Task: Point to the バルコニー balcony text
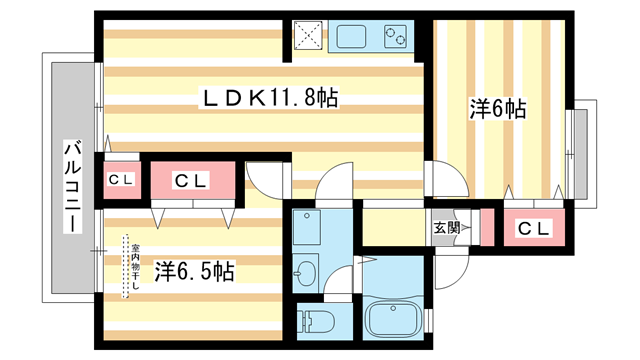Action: point(72,186)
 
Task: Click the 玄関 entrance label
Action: point(446,228)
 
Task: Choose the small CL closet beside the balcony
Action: point(121,180)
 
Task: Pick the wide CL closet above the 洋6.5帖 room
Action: point(190,181)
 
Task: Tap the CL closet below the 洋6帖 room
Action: point(534,228)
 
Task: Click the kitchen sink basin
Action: point(353,38)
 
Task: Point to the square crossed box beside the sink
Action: point(309,38)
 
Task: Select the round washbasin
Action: point(306,269)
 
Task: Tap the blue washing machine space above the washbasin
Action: point(306,228)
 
